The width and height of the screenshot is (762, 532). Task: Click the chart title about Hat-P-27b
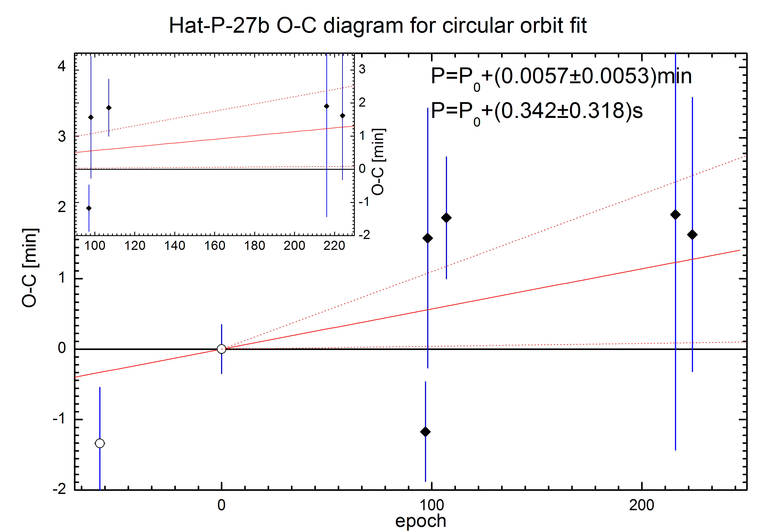(x=378, y=26)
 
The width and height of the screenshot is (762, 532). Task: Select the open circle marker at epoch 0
(x=221, y=349)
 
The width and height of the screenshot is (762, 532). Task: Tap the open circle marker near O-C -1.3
(x=100, y=443)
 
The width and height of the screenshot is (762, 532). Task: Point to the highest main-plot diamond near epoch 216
(x=675, y=214)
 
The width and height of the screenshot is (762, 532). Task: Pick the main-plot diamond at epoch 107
(x=446, y=218)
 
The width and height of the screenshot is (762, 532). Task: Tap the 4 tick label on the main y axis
(x=62, y=66)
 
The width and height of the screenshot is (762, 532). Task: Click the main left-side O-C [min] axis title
(x=30, y=268)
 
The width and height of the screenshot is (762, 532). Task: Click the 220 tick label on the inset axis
(x=334, y=246)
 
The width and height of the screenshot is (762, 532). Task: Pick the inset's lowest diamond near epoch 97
(x=89, y=208)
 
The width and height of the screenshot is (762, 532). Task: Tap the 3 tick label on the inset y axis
(x=362, y=69)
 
